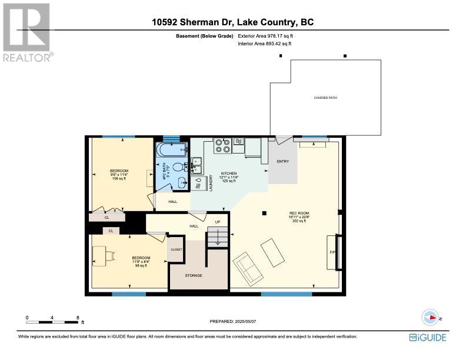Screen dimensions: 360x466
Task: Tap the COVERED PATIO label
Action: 325,98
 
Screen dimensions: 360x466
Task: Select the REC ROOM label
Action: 299,213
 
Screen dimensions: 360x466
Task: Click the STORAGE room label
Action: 194,275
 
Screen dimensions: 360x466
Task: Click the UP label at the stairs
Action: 217,222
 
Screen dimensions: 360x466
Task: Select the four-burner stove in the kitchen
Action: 222,145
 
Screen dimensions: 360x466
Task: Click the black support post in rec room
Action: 264,213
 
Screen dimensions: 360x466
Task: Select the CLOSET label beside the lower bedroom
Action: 177,249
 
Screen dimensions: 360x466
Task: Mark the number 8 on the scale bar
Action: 78,317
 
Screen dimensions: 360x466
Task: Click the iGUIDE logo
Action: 428,337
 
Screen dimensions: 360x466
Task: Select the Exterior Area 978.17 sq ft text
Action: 266,36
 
